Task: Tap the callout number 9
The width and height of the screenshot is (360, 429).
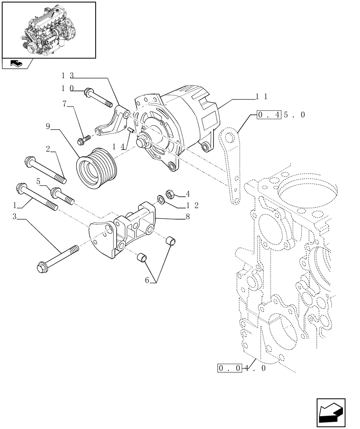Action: pyautogui.click(x=48, y=127)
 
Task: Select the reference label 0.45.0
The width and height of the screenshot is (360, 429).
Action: pyautogui.click(x=281, y=115)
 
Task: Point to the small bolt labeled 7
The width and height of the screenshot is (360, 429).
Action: pyautogui.click(x=84, y=139)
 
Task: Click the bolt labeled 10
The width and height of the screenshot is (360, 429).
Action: pyautogui.click(x=99, y=97)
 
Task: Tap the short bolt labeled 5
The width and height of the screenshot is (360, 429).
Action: pyautogui.click(x=62, y=196)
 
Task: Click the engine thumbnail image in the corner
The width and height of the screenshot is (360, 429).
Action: pyautogui.click(x=48, y=30)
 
